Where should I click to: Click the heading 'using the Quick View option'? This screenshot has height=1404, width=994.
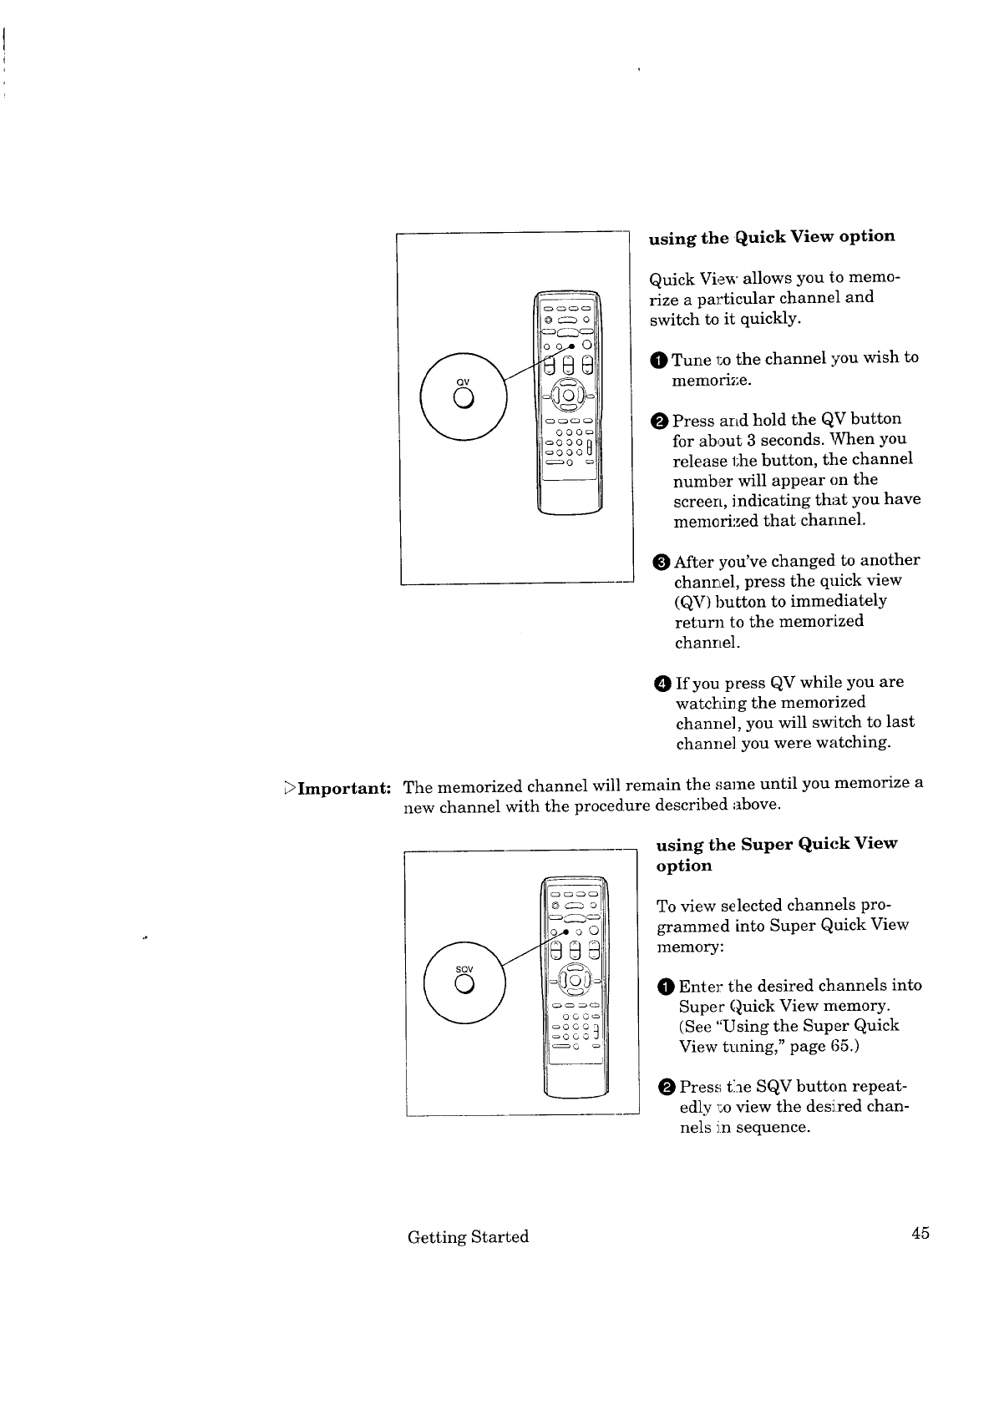pyautogui.click(x=771, y=238)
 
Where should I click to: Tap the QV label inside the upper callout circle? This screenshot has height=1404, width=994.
pyautogui.click(x=463, y=381)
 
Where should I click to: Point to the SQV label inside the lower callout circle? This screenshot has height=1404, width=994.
pyautogui.click(x=464, y=969)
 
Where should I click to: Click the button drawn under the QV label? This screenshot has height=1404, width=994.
pyautogui.click(x=464, y=398)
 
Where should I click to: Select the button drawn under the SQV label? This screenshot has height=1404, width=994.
pyautogui.click(x=464, y=985)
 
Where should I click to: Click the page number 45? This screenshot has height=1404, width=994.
pyautogui.click(x=920, y=1233)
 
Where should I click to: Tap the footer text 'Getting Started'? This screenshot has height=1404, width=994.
pyautogui.click(x=468, y=1237)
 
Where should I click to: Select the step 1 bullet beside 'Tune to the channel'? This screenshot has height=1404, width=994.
pyautogui.click(x=659, y=361)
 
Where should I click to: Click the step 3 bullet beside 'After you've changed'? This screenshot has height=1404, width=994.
pyautogui.click(x=662, y=562)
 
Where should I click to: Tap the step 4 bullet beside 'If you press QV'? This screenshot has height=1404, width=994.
pyautogui.click(x=663, y=684)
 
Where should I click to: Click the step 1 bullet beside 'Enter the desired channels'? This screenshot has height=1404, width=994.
pyautogui.click(x=666, y=987)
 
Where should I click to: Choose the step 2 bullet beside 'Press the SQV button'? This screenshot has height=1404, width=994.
pyautogui.click(x=667, y=1088)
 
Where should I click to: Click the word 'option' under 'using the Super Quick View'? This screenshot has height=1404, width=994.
pyautogui.click(x=684, y=866)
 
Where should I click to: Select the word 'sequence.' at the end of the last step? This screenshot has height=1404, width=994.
pyautogui.click(x=773, y=1128)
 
